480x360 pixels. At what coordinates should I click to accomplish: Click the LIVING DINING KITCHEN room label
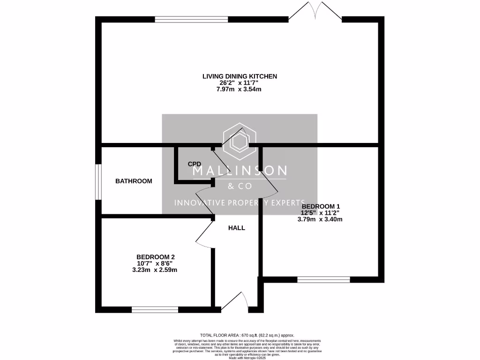(240, 76)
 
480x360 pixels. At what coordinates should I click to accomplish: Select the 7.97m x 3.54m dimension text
(240, 90)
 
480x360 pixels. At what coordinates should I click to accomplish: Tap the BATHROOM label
(134, 181)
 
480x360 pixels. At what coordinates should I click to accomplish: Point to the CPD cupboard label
(195, 164)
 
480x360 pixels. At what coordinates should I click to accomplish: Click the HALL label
(236, 228)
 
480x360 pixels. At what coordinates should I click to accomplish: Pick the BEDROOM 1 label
(321, 206)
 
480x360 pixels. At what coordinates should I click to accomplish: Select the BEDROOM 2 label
(156, 257)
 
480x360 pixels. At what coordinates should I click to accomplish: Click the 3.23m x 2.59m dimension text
(155, 270)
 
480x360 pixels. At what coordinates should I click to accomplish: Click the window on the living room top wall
(191, 19)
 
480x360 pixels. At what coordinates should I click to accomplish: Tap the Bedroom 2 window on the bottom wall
(155, 309)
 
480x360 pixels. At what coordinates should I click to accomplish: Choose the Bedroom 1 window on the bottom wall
(323, 280)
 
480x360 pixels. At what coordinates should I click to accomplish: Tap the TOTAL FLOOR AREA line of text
(247, 335)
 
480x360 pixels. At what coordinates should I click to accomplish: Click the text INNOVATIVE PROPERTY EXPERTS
(240, 202)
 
